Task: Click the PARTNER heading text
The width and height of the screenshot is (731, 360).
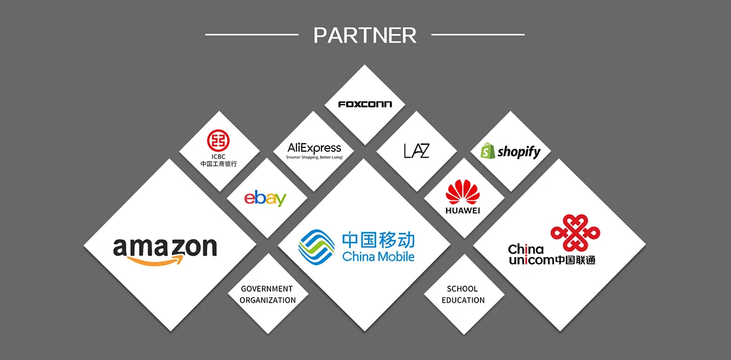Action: click(x=365, y=35)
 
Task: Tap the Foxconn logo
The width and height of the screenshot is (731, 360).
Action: click(x=365, y=104)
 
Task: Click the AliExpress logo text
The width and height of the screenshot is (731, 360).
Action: click(x=314, y=148)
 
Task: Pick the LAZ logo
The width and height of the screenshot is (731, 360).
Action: click(x=417, y=150)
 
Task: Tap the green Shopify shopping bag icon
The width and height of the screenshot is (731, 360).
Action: click(x=486, y=151)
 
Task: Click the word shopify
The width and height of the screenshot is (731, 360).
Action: click(x=518, y=152)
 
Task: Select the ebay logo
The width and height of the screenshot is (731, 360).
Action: click(x=266, y=198)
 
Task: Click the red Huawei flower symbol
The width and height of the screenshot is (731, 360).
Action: click(x=463, y=192)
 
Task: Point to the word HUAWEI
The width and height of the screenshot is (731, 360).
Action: click(x=463, y=211)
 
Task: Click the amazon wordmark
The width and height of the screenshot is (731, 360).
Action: click(x=165, y=247)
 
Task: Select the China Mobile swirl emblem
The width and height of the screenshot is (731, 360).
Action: click(x=316, y=246)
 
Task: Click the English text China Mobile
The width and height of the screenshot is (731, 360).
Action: click(x=378, y=256)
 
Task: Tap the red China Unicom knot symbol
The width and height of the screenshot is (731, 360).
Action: click(x=575, y=232)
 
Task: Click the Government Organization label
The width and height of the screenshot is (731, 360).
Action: click(x=267, y=294)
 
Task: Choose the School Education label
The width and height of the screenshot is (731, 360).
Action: click(x=463, y=294)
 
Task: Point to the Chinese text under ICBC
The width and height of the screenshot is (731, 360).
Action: click(x=219, y=164)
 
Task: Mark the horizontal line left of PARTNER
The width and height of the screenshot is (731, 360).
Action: click(x=252, y=35)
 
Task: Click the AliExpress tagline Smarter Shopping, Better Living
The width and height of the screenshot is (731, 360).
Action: click(x=314, y=158)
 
